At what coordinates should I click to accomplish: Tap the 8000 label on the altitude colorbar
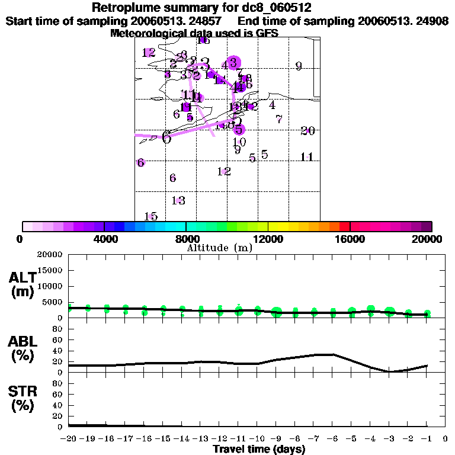pos(186,239)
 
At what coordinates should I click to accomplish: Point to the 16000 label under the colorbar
pos(350,239)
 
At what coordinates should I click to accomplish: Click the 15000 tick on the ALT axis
pos(50,270)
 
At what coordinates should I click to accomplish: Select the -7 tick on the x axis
pos(315,439)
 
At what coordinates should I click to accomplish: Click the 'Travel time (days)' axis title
pos(259,449)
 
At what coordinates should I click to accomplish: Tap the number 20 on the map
pos(307,131)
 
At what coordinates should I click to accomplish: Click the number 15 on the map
pos(150,216)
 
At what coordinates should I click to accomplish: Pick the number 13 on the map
pos(178,200)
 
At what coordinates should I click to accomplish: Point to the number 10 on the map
pos(239,142)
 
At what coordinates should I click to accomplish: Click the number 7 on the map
pos(278,119)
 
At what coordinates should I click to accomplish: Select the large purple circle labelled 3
pos(233,62)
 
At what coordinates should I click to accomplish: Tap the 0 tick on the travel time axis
pos(446,439)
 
